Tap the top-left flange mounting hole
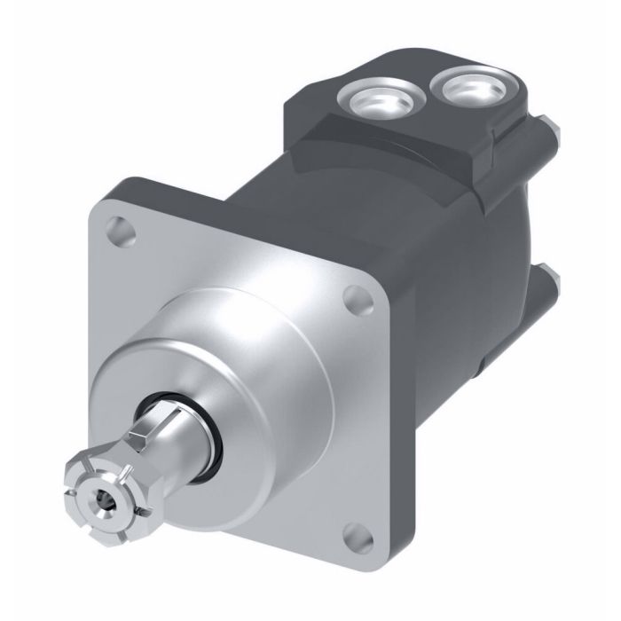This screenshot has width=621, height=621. (x=119, y=233)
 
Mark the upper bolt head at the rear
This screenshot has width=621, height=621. (x=554, y=133)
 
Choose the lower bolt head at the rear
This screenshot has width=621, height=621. (x=551, y=283)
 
